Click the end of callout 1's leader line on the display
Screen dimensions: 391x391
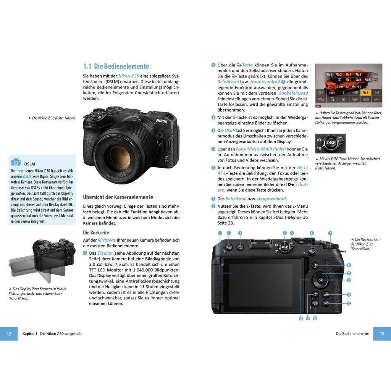coord(232,273)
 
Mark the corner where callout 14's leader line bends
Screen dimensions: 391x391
coord(308,294)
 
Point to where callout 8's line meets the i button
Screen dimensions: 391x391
coord(318,266)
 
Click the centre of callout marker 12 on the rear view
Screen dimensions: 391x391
coord(349,304)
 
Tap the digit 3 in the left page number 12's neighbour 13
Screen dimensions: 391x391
coord(383,334)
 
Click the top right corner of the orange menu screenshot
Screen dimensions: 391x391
coord(382,64)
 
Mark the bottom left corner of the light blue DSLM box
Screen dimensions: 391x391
coord(9,225)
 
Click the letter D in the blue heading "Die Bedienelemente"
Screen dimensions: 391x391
coord(96,66)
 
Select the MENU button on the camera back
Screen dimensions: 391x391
coord(326,295)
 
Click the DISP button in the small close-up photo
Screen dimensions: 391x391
coord(331,143)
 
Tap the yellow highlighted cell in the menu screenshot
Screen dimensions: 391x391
coord(365,93)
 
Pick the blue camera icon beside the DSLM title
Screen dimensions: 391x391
coord(16,162)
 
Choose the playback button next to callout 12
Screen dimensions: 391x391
coord(326,304)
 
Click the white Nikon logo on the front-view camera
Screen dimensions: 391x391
coord(162,121)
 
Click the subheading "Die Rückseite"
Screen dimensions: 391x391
coord(96,233)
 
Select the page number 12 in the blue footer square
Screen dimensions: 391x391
coord(9,334)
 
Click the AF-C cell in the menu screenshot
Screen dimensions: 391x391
coord(377,99)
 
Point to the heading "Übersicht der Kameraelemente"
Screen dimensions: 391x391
coord(118,197)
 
